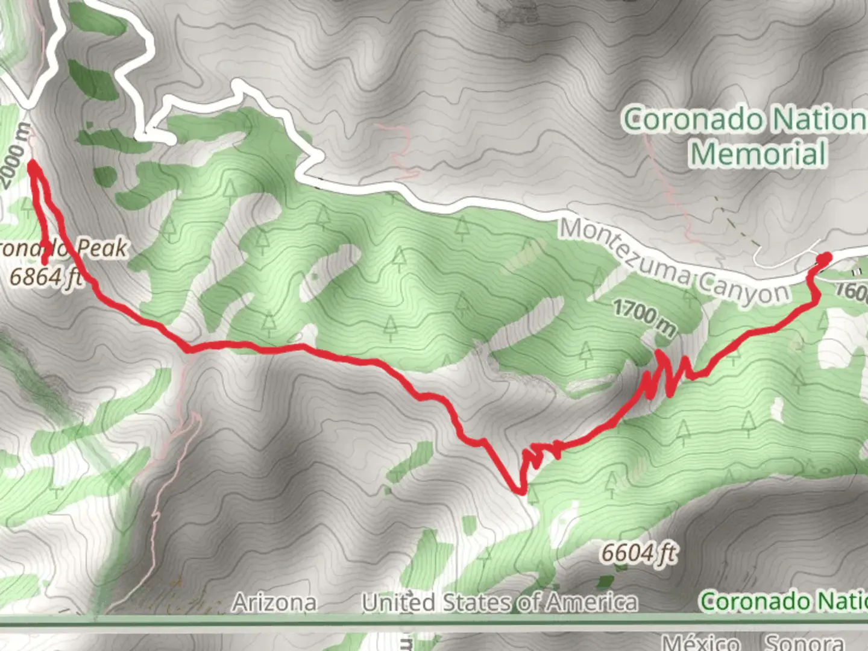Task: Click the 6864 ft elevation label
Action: (46, 277)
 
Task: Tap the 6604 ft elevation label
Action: (638, 553)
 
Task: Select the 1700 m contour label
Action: (644, 318)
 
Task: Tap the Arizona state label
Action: (274, 602)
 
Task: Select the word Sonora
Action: (804, 643)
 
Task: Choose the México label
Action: (700, 643)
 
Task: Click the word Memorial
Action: (758, 153)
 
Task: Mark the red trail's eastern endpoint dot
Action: (824, 259)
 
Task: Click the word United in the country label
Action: (397, 602)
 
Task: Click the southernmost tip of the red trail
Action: (520, 491)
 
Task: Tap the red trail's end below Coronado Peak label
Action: (45, 261)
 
